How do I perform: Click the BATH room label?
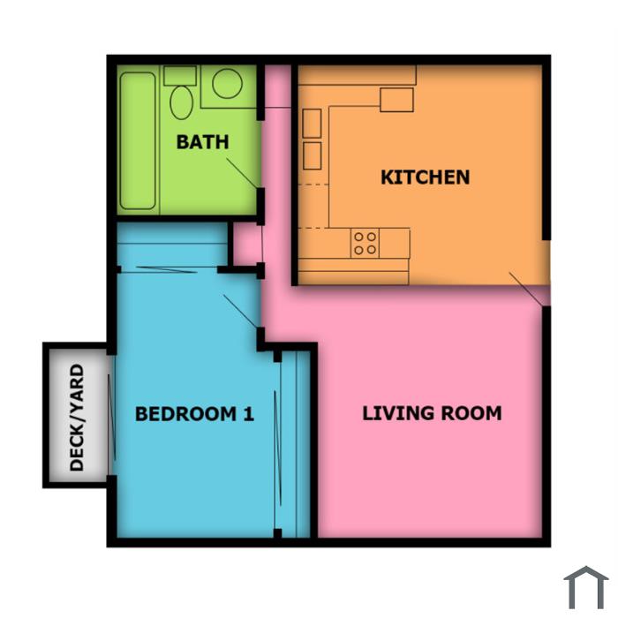[x=202, y=142]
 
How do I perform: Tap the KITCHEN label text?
[x=426, y=177]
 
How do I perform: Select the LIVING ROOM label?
[x=432, y=413]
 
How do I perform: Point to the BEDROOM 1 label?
[x=194, y=414]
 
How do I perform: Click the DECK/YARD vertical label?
[x=77, y=418]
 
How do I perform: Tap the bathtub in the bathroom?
[x=138, y=140]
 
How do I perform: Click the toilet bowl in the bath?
[x=181, y=102]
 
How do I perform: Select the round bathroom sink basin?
[x=227, y=84]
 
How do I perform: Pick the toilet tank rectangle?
[x=180, y=76]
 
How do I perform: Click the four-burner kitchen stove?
[x=365, y=243]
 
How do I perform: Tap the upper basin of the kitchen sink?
[x=312, y=124]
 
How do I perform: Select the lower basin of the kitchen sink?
[x=312, y=156]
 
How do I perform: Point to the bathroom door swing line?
[x=242, y=173]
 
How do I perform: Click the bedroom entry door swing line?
[x=240, y=311]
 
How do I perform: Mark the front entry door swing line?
[x=526, y=289]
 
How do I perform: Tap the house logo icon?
[x=586, y=587]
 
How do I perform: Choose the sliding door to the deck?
[x=111, y=417]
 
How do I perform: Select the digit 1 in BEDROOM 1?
[x=249, y=414]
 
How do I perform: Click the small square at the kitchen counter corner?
[x=396, y=100]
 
